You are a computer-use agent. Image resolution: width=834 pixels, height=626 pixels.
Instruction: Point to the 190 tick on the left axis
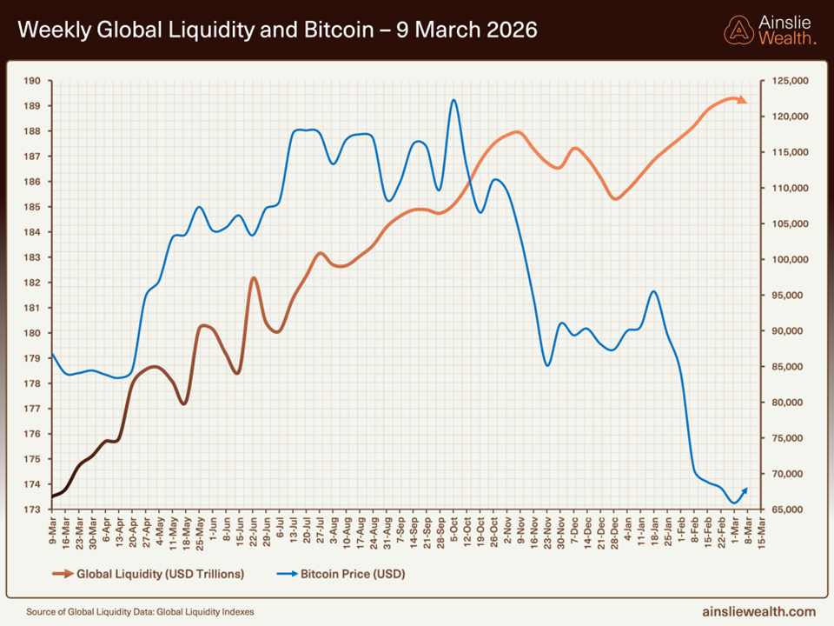33,81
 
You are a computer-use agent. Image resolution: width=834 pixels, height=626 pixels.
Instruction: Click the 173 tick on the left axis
33,509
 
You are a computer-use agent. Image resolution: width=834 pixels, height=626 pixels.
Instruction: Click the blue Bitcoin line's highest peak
453,100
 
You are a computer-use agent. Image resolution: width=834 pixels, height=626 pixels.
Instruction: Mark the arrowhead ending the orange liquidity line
743,101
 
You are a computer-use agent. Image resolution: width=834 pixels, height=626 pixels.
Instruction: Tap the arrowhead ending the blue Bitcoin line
744,490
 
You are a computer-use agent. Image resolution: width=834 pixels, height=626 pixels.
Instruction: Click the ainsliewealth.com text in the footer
758,611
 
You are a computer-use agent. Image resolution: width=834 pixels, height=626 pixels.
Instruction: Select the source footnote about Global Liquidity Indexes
140,612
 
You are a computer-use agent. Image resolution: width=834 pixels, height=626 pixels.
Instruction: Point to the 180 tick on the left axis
33,333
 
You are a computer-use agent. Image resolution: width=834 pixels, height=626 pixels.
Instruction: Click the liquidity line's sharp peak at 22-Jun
254,278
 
